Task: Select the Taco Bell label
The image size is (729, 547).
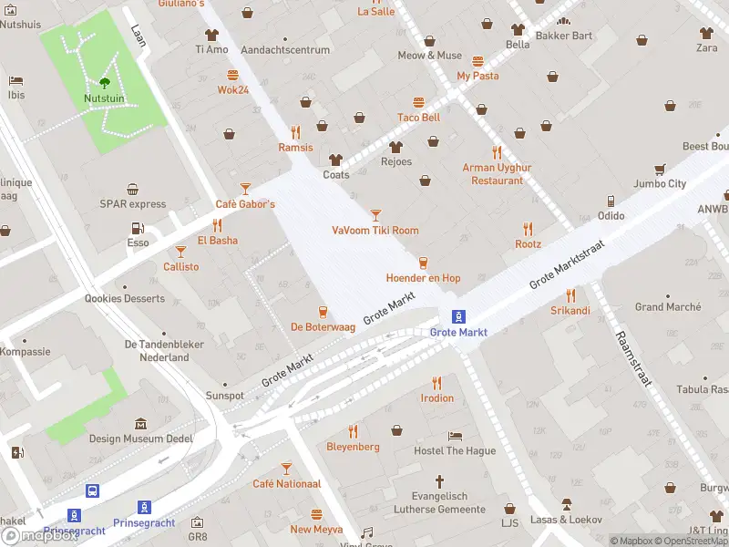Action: [x=418, y=118]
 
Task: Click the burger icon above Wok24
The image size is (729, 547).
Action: [x=233, y=75]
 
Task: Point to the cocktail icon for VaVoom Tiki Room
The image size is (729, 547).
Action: [x=375, y=215]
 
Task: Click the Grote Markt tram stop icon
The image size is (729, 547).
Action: [x=459, y=316]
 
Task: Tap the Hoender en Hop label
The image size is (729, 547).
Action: [x=423, y=278]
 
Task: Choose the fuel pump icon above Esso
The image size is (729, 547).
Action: [x=138, y=228]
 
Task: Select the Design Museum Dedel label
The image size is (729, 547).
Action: [x=140, y=439]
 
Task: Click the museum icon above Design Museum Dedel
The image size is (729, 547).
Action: [x=140, y=424]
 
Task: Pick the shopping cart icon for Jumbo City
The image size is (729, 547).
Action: [x=659, y=169]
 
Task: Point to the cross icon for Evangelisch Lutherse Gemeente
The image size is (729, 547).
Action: [x=438, y=480]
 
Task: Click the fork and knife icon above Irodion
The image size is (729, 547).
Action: [x=436, y=383]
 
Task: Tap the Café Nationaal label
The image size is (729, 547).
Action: [x=286, y=484]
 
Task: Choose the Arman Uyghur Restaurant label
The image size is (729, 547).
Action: [x=497, y=174]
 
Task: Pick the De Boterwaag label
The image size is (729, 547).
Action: [x=323, y=326]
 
